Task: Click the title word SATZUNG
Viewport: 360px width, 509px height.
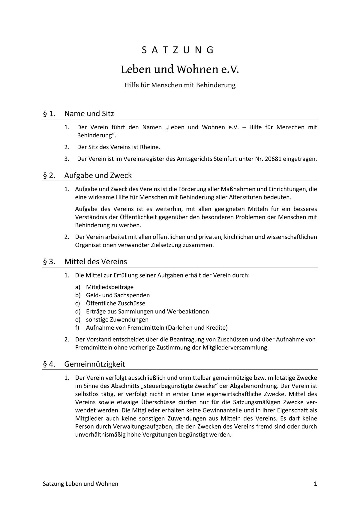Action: [178, 50]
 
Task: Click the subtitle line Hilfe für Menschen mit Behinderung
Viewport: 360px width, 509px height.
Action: [180, 85]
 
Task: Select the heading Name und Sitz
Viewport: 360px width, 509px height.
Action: [89, 114]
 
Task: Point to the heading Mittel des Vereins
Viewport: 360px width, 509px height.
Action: [95, 262]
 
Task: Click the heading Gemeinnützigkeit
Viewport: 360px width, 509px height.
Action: [94, 364]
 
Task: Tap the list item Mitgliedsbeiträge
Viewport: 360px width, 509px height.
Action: [109, 287]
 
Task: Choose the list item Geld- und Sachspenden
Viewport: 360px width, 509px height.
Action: [118, 295]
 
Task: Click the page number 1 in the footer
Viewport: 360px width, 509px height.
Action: [315, 484]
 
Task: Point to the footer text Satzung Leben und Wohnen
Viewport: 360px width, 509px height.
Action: [80, 484]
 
